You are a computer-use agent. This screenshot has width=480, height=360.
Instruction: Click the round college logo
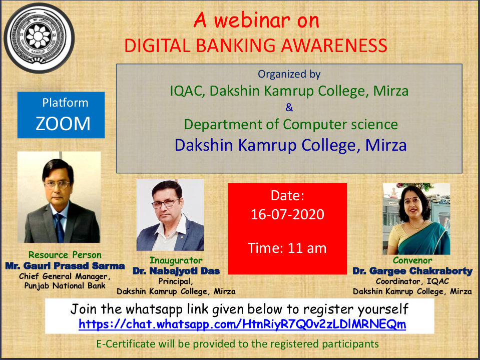(39, 38)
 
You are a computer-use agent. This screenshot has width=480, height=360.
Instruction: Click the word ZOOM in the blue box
(63, 124)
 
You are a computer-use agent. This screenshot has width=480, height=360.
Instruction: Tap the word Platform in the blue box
(65, 103)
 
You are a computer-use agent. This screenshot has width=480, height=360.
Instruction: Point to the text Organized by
(289, 74)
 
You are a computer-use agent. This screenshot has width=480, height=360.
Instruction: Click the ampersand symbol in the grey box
(289, 108)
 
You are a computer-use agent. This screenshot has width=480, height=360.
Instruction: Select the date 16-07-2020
(287, 214)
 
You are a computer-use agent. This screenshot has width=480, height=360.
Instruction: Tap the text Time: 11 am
(287, 248)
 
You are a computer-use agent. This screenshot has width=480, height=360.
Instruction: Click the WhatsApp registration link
(242, 324)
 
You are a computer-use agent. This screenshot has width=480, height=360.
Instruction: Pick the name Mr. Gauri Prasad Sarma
(65, 266)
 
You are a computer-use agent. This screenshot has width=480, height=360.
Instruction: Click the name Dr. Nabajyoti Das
(176, 271)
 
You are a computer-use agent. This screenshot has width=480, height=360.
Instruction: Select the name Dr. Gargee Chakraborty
(412, 271)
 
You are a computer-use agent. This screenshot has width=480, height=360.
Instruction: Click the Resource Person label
(65, 255)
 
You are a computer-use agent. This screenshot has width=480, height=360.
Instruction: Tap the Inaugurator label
(176, 260)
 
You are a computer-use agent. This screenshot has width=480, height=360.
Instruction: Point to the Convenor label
(412, 260)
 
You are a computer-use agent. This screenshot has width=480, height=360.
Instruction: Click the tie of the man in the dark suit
(59, 227)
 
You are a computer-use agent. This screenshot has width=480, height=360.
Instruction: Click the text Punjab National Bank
(65, 286)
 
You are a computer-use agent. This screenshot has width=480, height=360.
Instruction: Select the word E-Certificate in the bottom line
(126, 344)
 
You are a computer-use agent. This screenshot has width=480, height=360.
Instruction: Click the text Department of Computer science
(291, 125)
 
